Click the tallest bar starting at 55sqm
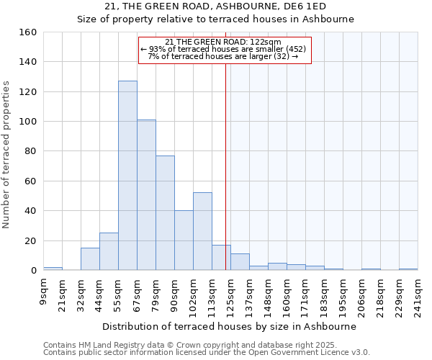[x=127, y=176]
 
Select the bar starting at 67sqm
[x=146, y=195]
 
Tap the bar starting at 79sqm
[x=165, y=213]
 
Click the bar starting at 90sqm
[x=184, y=240]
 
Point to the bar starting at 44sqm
[x=109, y=251]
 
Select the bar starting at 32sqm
[x=90, y=259]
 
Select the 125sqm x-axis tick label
[x=230, y=294]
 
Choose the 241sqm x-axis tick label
[x=418, y=294]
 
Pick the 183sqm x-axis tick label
[x=324, y=294]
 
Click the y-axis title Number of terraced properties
[x=7, y=155]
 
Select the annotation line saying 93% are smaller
[x=223, y=49]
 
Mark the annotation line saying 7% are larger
[x=223, y=56]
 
